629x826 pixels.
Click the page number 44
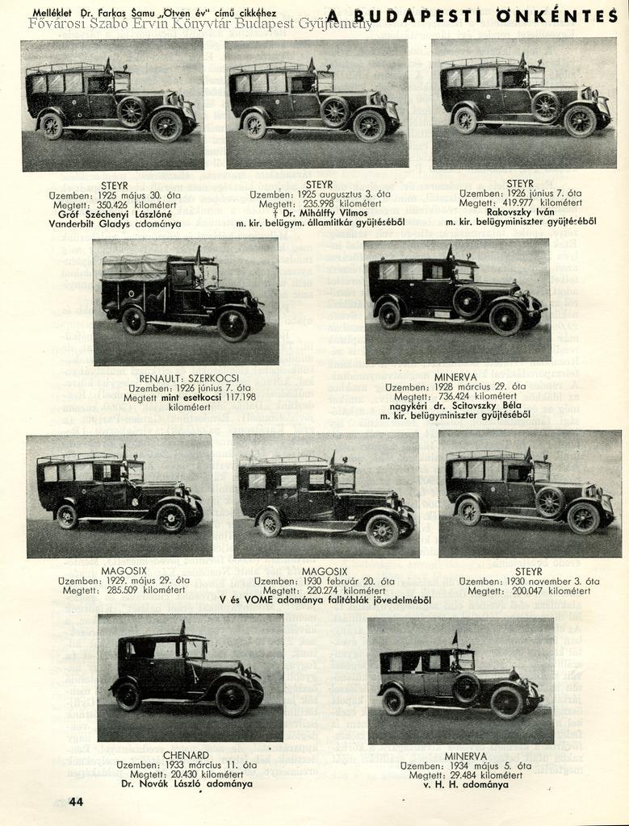tap(76, 801)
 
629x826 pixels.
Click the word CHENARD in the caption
tap(186, 755)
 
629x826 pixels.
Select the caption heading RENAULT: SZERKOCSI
tap(185, 378)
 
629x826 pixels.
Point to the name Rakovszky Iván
tap(520, 212)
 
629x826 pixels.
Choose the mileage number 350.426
tap(107, 205)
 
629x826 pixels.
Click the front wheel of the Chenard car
tap(232, 698)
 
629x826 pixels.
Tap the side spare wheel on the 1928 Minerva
tap(467, 301)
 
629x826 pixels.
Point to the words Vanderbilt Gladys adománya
tap(115, 223)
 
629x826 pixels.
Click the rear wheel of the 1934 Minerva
tap(394, 700)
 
